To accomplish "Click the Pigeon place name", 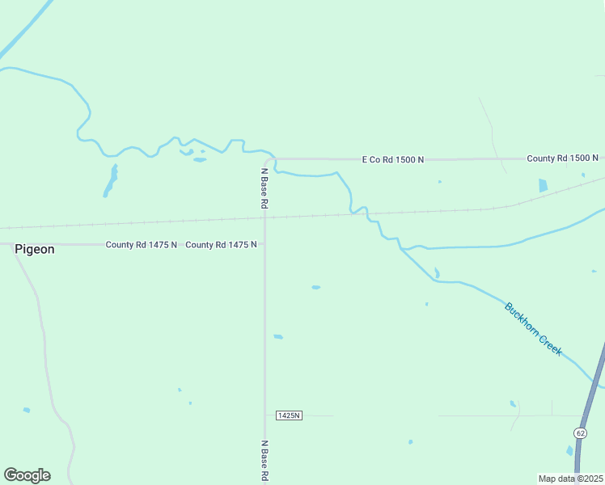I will click(35, 250).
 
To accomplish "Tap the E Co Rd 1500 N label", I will click(392, 160).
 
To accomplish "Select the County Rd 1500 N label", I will click(562, 158).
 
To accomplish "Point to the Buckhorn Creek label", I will click(533, 329).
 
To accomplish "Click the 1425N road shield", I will click(289, 415).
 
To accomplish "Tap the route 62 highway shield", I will click(580, 433).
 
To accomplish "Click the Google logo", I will click(27, 475).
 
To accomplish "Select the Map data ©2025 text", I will click(571, 479).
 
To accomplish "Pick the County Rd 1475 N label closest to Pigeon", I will click(141, 244).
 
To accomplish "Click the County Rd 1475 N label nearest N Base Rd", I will click(221, 244).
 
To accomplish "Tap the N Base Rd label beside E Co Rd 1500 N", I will click(264, 188).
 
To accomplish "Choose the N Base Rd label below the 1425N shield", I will click(264, 462).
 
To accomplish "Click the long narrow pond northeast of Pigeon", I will click(110, 181).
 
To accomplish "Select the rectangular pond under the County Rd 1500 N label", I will click(543, 185).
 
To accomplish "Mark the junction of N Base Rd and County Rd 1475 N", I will click(264, 244).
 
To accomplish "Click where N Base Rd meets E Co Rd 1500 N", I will click(268, 160).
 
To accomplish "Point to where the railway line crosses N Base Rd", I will click(264, 217).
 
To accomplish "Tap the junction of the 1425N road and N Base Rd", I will click(264, 415).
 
